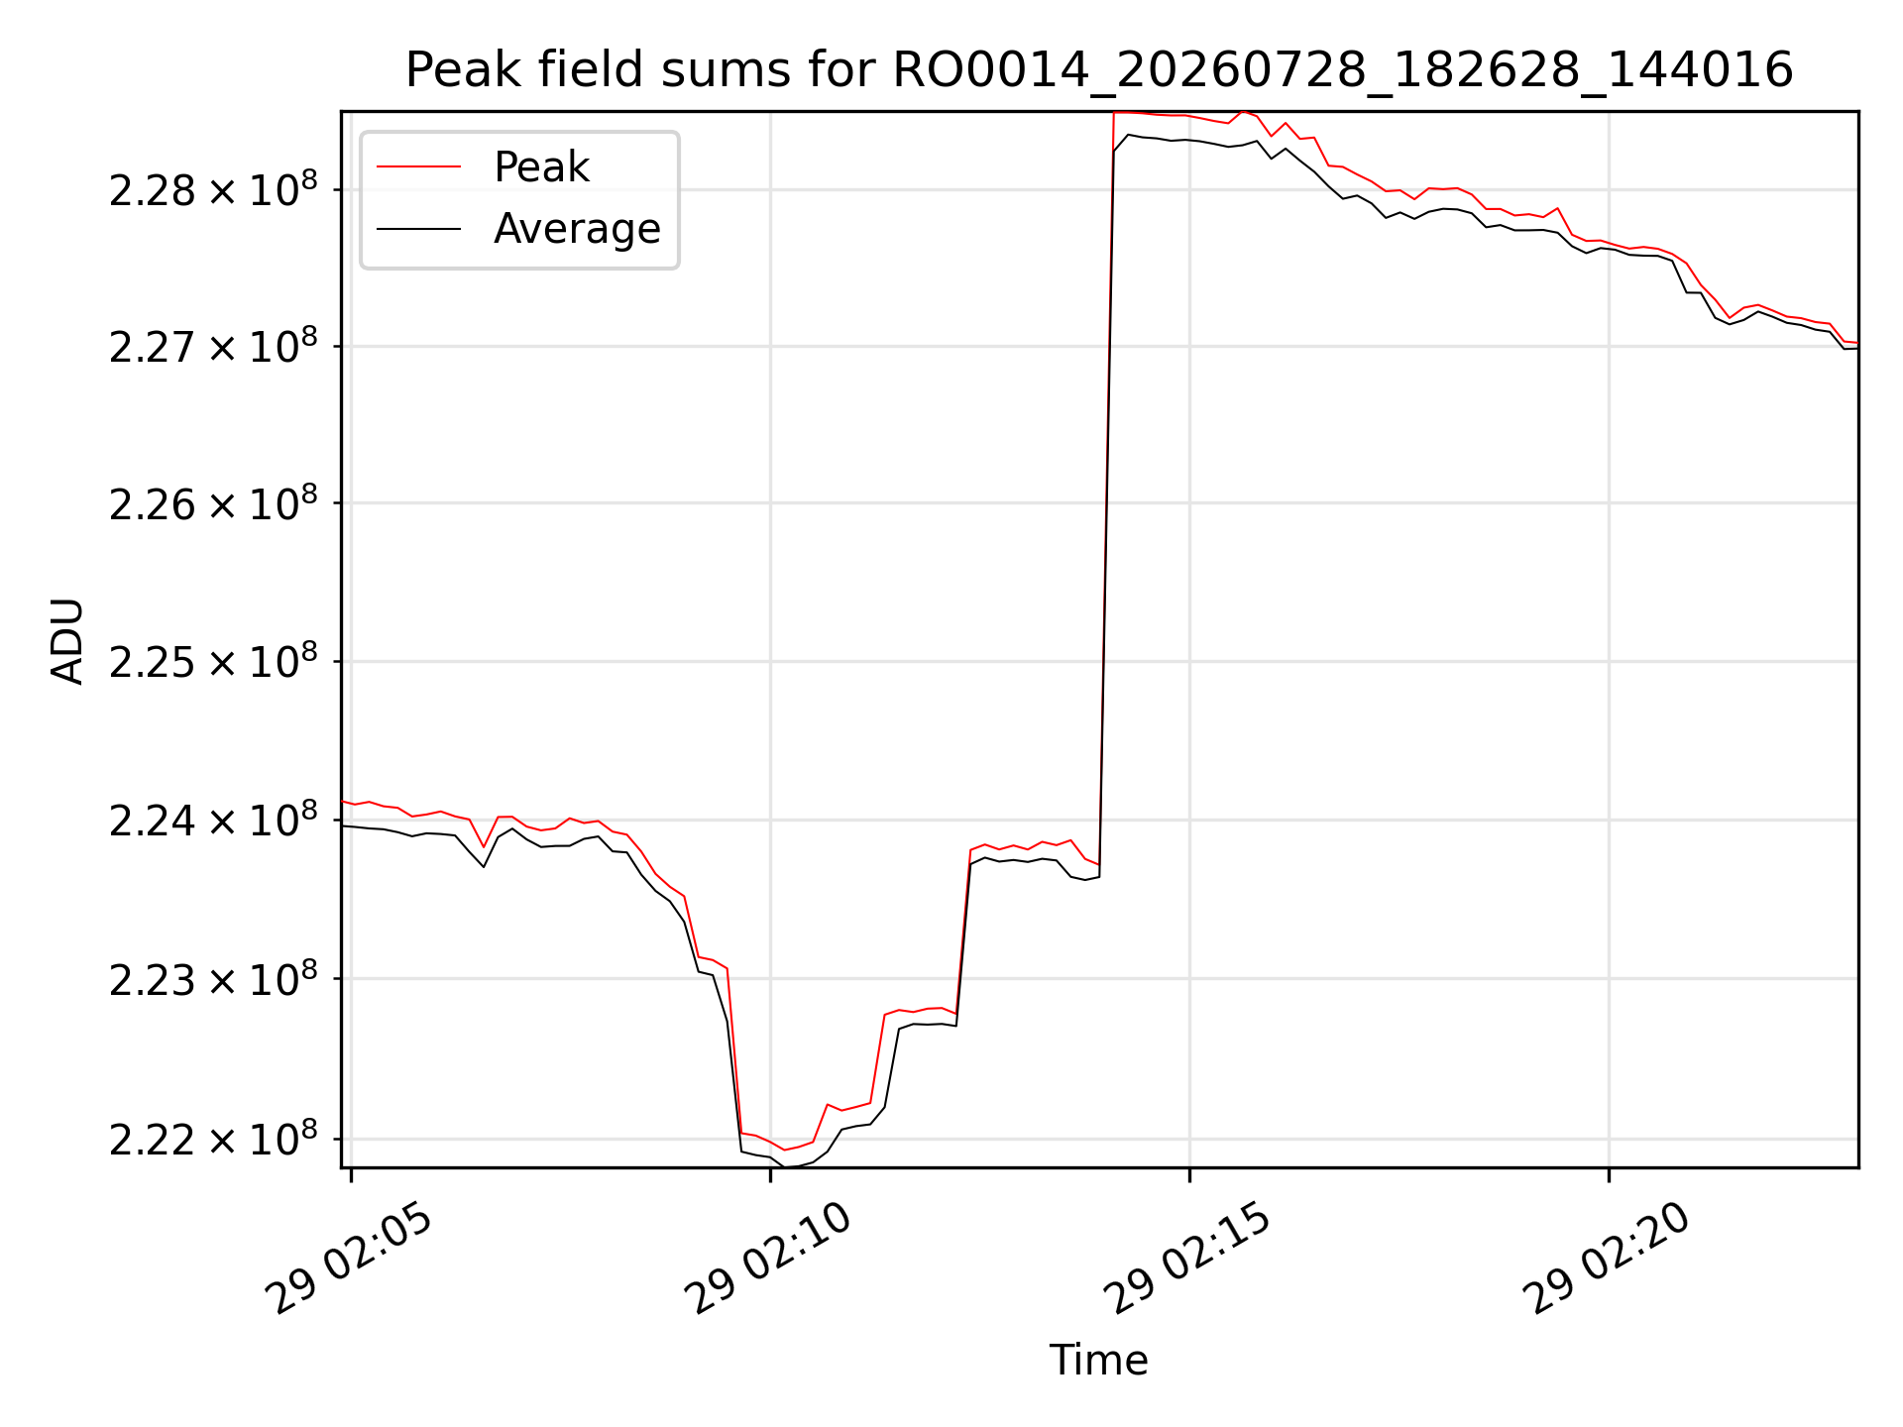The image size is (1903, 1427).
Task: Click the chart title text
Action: click(1099, 70)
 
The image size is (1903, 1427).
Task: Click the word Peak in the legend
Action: click(541, 166)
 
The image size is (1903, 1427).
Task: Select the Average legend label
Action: click(577, 229)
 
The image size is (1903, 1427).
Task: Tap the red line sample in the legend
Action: click(418, 166)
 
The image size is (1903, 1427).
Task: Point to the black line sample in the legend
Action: click(418, 229)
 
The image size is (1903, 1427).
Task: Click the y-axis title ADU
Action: click(67, 640)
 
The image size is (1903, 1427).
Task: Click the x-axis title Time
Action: click(1098, 1361)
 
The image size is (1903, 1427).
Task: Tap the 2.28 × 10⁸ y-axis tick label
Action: click(213, 188)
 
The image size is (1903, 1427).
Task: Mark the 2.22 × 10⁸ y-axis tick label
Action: click(213, 1138)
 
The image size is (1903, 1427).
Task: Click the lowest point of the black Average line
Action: click(785, 1166)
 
